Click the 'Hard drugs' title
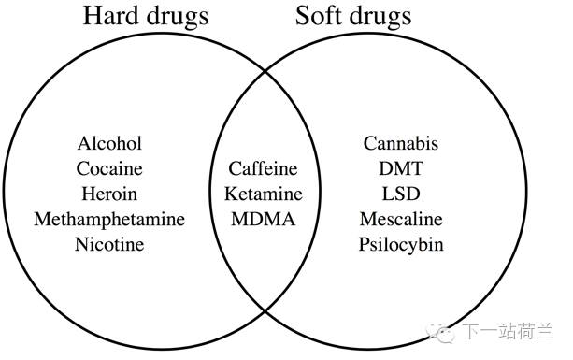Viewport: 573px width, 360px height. tap(146, 17)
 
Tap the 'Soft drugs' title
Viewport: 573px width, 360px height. tap(352, 17)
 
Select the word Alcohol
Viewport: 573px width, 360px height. tap(109, 144)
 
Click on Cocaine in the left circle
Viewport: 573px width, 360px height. tap(109, 169)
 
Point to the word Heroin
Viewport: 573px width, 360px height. tap(109, 194)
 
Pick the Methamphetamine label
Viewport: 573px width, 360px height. tap(109, 220)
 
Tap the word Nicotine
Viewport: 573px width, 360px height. tap(109, 245)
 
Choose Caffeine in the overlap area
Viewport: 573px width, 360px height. tap(263, 169)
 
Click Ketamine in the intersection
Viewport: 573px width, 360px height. tap(263, 194)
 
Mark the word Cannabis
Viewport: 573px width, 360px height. tap(400, 144)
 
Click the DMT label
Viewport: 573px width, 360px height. tap(400, 169)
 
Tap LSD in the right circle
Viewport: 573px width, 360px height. tap(400, 194)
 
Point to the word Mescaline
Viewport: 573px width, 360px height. tap(400, 220)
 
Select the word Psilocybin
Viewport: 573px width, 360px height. tap(400, 245)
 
